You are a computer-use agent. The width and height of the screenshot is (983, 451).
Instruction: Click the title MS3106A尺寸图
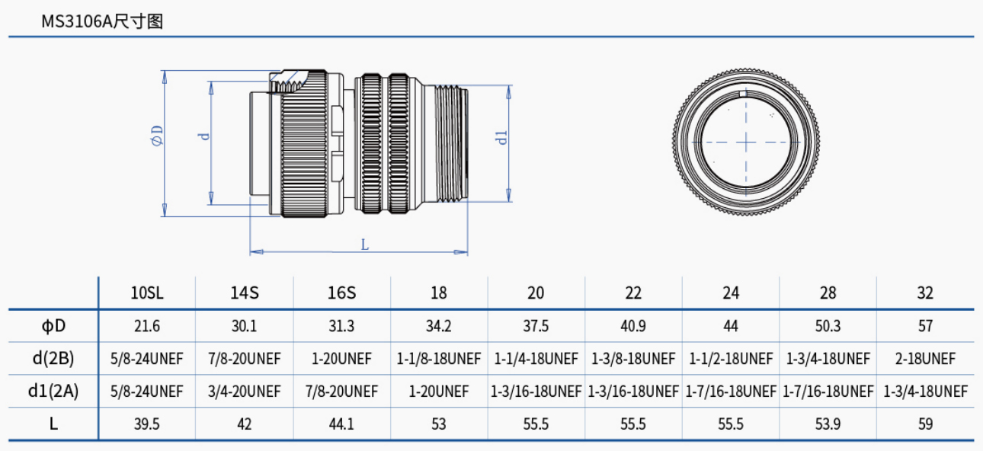pyautogui.click(x=102, y=21)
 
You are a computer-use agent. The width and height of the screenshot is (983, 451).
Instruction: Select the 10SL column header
pyautogui.click(x=147, y=293)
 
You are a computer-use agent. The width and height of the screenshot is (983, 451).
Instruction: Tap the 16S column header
pyautogui.click(x=341, y=293)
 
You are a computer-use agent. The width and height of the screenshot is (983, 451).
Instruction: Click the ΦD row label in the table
pyautogui.click(x=53, y=326)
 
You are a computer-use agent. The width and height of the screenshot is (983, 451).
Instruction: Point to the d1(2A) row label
pyautogui.click(x=53, y=392)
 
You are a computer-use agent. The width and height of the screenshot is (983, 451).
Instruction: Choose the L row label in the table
pyautogui.click(x=53, y=424)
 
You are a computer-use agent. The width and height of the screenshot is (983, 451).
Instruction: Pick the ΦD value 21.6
pyautogui.click(x=147, y=326)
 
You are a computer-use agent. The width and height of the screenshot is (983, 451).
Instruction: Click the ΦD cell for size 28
pyautogui.click(x=828, y=326)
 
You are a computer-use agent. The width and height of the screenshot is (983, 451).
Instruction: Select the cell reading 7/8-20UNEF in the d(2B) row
pyautogui.click(x=244, y=359)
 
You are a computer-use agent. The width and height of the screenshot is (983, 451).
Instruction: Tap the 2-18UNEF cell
pyautogui.click(x=925, y=359)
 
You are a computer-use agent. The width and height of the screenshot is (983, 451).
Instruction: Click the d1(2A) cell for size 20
pyautogui.click(x=536, y=392)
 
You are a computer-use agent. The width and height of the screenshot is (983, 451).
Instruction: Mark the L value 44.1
pyautogui.click(x=341, y=424)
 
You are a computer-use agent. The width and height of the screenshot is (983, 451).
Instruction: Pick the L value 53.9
pyautogui.click(x=828, y=424)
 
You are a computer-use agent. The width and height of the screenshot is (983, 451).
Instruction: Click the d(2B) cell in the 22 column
pyautogui.click(x=633, y=359)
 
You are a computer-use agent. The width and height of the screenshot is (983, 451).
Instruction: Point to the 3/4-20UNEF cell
pyautogui.click(x=244, y=392)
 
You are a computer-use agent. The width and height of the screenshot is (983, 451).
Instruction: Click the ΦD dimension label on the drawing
pyautogui.click(x=157, y=136)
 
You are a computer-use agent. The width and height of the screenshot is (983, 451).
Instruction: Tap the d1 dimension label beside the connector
pyautogui.click(x=501, y=137)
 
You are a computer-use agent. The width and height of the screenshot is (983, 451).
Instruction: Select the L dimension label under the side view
pyautogui.click(x=365, y=245)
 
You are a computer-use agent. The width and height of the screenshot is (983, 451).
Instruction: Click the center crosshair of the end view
pyautogui.click(x=746, y=142)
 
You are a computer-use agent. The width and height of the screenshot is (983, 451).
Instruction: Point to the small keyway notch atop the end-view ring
pyautogui.click(x=746, y=94)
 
